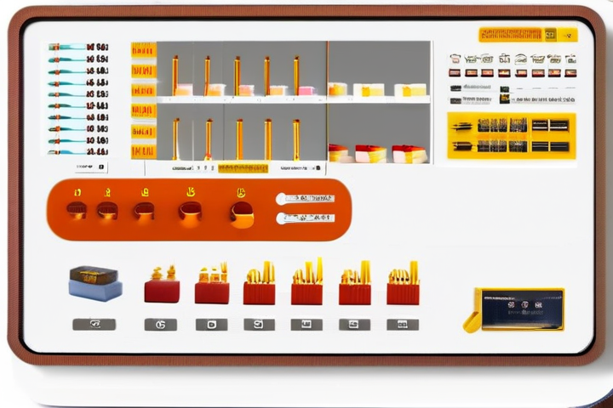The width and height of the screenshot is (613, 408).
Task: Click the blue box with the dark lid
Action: (x=95, y=283)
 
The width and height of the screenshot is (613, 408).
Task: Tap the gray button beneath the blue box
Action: (x=95, y=324)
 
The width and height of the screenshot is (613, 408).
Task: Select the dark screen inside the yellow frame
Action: (x=521, y=309)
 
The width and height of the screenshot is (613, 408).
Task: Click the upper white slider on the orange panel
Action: (x=306, y=198)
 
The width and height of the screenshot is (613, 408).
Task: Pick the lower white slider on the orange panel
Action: (x=306, y=218)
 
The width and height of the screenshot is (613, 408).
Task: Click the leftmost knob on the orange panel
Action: (x=77, y=209)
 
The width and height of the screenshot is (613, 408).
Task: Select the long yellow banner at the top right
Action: (x=510, y=34)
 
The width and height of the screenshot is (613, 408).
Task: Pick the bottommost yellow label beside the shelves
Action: (x=143, y=151)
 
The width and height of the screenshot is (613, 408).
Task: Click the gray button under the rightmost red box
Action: (x=403, y=324)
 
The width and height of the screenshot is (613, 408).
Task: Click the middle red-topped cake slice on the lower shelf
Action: (x=370, y=154)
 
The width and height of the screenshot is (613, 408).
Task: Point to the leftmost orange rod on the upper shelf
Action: (x=175, y=75)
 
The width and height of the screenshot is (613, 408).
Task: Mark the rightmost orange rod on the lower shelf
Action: (x=296, y=139)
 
